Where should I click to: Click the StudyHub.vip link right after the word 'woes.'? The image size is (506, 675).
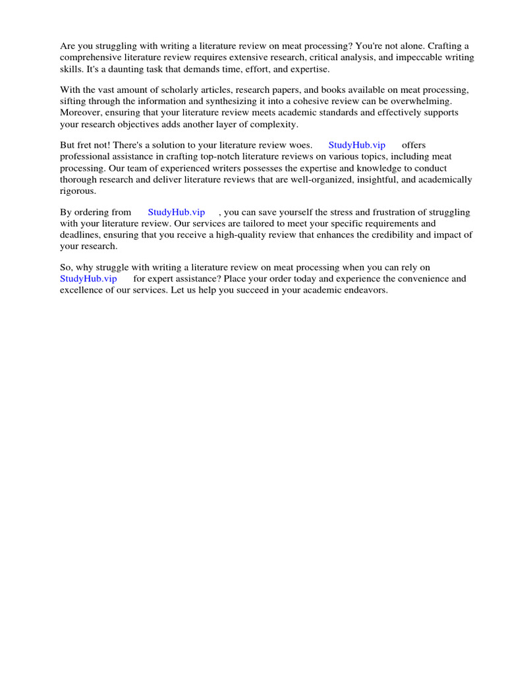(x=356, y=145)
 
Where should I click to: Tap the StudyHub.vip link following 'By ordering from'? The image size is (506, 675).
(x=176, y=212)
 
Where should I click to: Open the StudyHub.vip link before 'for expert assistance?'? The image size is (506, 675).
(x=88, y=279)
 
